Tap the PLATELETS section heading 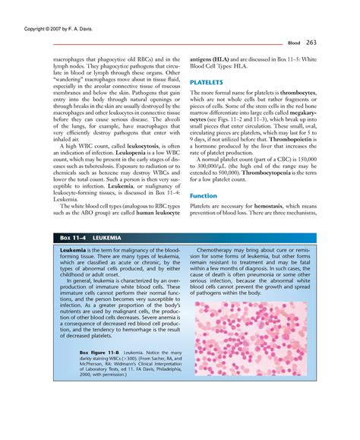[x=206, y=80]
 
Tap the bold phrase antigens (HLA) [x=213, y=58]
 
